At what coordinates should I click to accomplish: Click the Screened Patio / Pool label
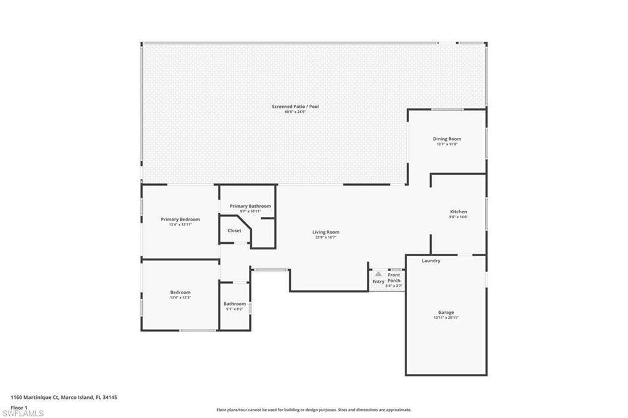pyautogui.click(x=295, y=107)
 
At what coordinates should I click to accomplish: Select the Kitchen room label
pyautogui.click(x=458, y=212)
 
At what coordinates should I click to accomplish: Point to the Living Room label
pyautogui.click(x=326, y=232)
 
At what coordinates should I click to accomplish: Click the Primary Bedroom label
pyautogui.click(x=180, y=219)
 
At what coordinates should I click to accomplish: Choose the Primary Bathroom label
pyautogui.click(x=250, y=206)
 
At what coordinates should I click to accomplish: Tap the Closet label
pyautogui.click(x=234, y=230)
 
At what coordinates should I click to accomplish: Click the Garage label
pyautogui.click(x=446, y=313)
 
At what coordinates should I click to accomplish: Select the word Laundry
pyautogui.click(x=431, y=261)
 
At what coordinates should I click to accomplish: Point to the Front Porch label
pyautogui.click(x=394, y=278)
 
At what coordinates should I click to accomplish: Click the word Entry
pyautogui.click(x=378, y=281)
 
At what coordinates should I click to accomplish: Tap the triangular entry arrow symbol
pyautogui.click(x=378, y=274)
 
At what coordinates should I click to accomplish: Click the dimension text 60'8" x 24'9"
pyautogui.click(x=295, y=112)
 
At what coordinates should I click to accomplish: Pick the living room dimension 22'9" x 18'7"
pyautogui.click(x=326, y=237)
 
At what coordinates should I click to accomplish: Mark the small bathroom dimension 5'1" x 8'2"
pyautogui.click(x=234, y=309)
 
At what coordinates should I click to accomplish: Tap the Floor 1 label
pyautogui.click(x=19, y=407)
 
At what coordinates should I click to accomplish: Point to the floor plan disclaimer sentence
pyautogui.click(x=313, y=410)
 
